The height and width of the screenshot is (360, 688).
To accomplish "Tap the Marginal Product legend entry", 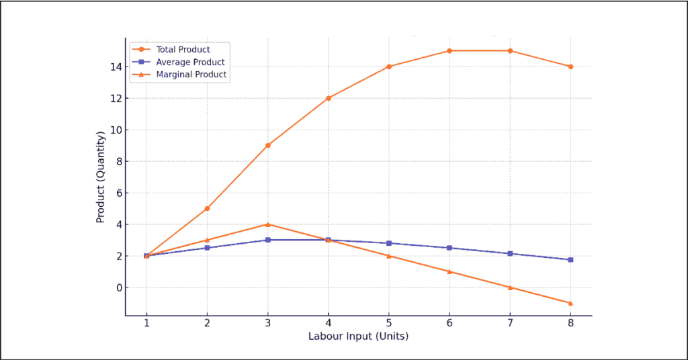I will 191,75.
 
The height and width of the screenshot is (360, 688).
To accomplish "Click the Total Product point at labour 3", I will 267,145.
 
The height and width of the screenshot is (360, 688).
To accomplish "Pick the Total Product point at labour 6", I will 449,50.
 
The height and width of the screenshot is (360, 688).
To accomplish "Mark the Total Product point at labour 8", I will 570,66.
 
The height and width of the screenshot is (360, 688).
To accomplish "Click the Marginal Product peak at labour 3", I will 267,224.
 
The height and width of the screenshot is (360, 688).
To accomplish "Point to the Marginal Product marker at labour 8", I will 570,303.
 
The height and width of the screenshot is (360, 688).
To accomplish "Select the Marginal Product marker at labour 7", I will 510,287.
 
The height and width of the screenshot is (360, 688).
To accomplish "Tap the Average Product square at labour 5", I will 389,243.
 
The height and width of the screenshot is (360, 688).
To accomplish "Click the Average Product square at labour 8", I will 570,260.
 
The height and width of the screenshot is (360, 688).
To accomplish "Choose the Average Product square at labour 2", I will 207,248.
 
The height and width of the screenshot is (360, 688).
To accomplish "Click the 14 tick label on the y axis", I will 116,66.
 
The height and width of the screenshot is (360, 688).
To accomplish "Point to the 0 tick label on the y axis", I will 118,287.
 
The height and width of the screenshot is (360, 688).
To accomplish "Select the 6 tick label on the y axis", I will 118,193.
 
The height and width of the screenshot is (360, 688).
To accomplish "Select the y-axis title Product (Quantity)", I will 101,177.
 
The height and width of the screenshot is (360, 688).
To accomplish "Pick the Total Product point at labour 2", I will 207,208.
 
